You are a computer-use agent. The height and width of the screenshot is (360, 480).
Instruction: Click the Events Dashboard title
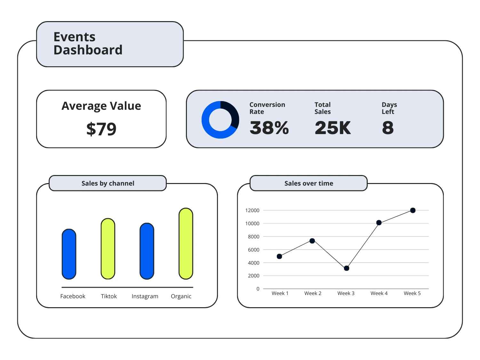click(x=88, y=44)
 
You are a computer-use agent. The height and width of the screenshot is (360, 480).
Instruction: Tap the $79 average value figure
click(x=101, y=129)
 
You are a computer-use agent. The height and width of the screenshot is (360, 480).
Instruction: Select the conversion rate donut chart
click(x=220, y=120)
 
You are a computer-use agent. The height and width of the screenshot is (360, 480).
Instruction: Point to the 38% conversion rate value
click(x=269, y=128)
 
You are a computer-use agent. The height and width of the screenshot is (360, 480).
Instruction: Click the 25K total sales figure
click(x=332, y=128)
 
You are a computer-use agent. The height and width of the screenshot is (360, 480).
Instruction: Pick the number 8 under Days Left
click(x=388, y=128)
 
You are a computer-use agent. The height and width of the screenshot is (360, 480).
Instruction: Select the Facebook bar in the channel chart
click(x=69, y=254)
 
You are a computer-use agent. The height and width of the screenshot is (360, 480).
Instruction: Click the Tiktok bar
click(x=108, y=249)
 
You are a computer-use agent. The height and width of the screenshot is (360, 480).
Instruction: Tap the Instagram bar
click(x=147, y=251)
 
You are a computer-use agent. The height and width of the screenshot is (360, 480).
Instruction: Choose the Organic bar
click(x=186, y=244)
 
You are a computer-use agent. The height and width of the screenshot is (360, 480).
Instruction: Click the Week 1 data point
click(x=279, y=256)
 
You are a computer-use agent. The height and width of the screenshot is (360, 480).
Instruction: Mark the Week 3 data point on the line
click(x=347, y=268)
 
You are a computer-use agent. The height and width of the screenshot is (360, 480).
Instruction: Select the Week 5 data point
click(x=413, y=210)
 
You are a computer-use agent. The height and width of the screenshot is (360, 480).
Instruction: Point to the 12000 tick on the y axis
click(x=252, y=211)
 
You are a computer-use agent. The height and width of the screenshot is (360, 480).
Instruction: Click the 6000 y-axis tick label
click(x=253, y=250)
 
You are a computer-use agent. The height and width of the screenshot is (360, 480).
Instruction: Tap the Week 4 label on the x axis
click(x=379, y=293)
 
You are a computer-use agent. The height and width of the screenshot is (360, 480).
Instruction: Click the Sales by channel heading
click(x=108, y=183)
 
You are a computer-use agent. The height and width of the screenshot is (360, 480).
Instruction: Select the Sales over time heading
click(x=308, y=183)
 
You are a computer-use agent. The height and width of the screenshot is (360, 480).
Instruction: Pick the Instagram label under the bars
click(x=145, y=296)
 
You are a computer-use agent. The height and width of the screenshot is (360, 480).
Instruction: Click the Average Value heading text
click(x=101, y=106)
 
